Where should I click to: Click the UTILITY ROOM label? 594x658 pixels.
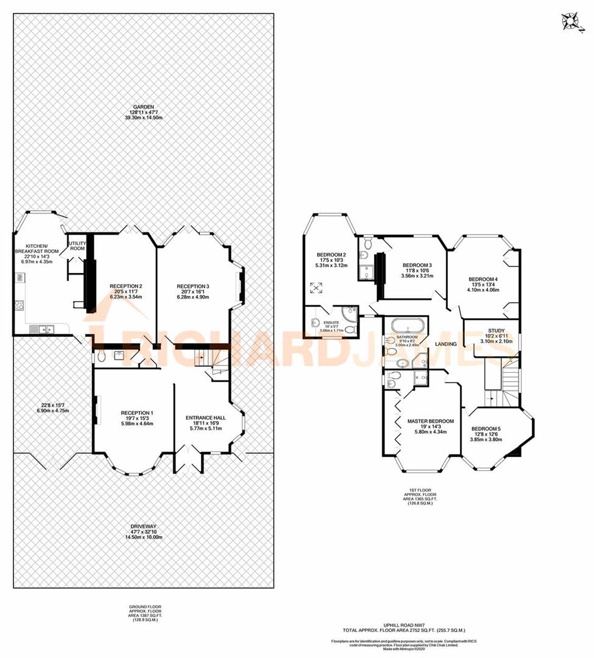(x=77, y=246)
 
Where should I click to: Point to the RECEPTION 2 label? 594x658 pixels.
(x=126, y=286)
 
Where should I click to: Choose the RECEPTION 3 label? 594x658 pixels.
(x=193, y=286)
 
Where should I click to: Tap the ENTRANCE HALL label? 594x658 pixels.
(x=205, y=418)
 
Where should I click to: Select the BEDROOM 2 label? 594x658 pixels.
(x=331, y=255)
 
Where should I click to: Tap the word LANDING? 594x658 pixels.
(x=445, y=344)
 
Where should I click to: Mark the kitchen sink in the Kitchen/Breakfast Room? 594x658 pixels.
(x=42, y=330)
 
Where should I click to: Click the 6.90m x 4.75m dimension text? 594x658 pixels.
(x=49, y=411)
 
